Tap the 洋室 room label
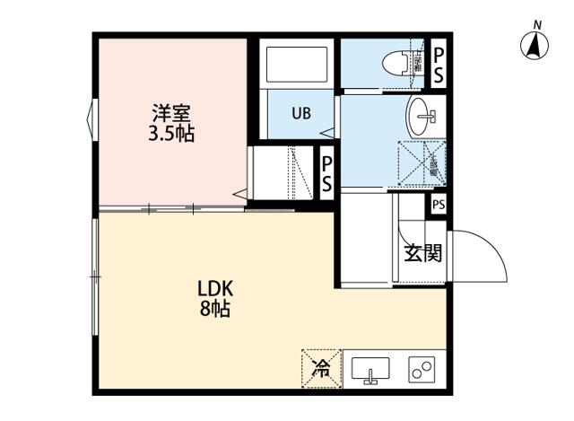(171, 114)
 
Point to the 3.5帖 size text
(171, 136)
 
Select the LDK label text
(215, 289)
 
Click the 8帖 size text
(215, 311)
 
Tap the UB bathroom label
(300, 114)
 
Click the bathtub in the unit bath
(296, 64)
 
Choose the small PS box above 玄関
(438, 205)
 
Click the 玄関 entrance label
(422, 253)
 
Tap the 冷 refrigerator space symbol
(320, 366)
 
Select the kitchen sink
(370, 369)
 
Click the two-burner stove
(421, 369)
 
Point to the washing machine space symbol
(415, 164)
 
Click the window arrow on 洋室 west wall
(90, 118)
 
